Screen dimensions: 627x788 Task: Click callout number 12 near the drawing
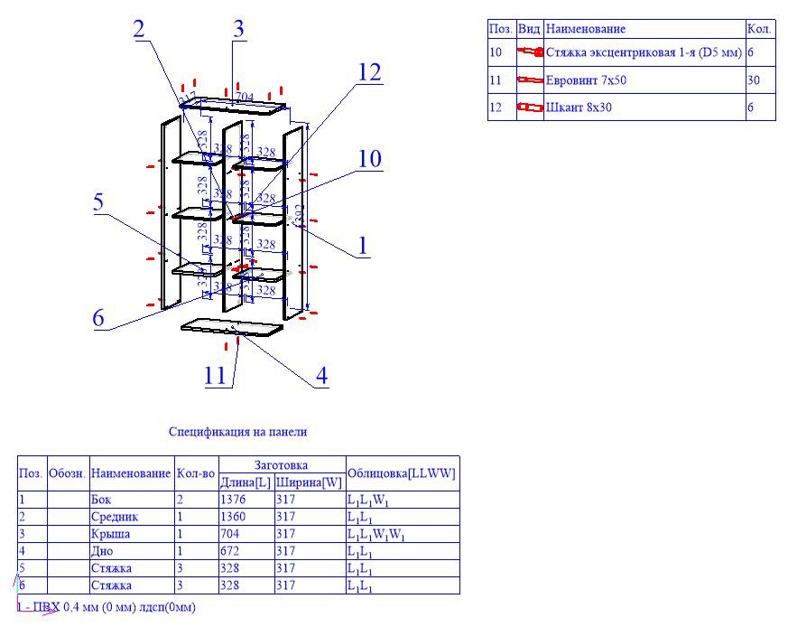[x=370, y=72]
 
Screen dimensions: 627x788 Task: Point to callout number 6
[x=98, y=317]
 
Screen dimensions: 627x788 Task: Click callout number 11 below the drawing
[x=215, y=374]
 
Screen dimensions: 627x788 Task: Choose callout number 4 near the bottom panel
[x=320, y=374]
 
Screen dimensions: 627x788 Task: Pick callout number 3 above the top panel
[x=237, y=28]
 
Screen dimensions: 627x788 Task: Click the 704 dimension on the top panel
[x=244, y=97]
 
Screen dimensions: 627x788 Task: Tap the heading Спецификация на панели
[x=244, y=432]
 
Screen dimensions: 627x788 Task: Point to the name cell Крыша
[x=110, y=534]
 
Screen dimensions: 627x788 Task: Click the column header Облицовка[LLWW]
[x=401, y=473]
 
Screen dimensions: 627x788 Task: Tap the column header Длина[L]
[x=246, y=482]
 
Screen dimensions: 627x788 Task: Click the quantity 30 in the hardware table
[x=755, y=80]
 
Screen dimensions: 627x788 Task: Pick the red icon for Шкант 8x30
[x=530, y=108]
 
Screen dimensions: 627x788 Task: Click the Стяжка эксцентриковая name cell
[x=644, y=53]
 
